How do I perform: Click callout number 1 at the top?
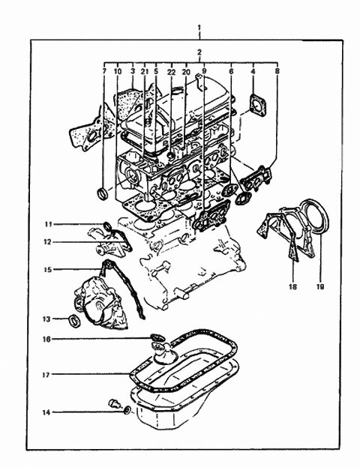[x=199, y=28]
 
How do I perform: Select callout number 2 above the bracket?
[x=199, y=52]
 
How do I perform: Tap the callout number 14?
[x=46, y=413]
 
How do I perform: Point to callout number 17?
[x=46, y=375]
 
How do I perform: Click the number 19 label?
[x=321, y=286]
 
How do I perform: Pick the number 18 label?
[x=293, y=286]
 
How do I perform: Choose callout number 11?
[x=48, y=224]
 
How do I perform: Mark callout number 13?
[x=46, y=319]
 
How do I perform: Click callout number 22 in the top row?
[x=172, y=72]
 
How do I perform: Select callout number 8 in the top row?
[x=277, y=71]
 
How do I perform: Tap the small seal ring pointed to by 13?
[x=74, y=321]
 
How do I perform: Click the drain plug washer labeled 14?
[x=127, y=411]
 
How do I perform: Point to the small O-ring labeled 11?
[x=107, y=227]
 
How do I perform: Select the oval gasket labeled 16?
[x=157, y=338]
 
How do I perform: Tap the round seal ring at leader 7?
[x=103, y=193]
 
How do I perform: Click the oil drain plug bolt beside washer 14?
[x=115, y=403]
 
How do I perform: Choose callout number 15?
[x=48, y=270]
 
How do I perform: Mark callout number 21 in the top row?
[x=145, y=72]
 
